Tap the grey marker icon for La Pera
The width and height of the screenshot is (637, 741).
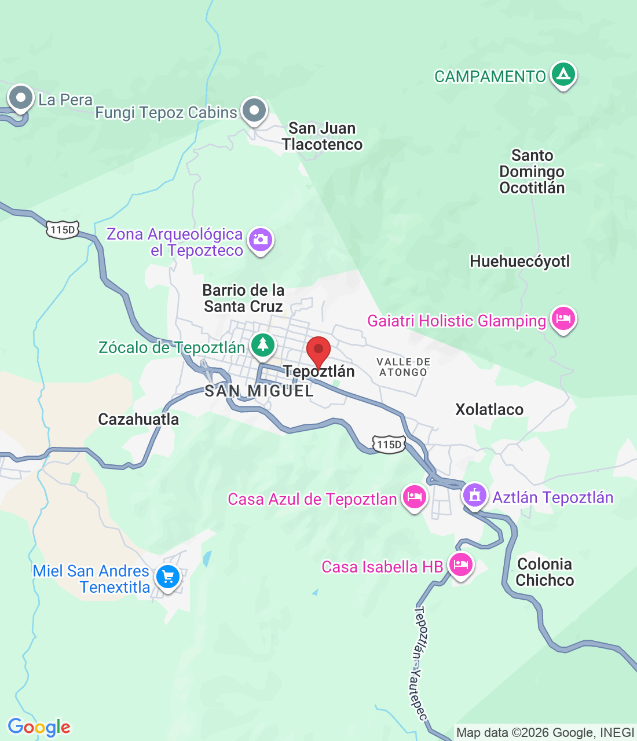(21, 98)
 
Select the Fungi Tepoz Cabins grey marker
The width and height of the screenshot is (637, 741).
(254, 110)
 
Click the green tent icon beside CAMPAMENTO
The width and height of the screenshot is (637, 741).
(562, 75)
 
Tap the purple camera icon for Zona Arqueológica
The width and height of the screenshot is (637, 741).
(261, 240)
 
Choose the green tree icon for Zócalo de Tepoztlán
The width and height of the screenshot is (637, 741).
(263, 346)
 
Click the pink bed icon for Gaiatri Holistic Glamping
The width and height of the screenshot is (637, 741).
(563, 319)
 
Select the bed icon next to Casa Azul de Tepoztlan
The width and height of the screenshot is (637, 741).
(414, 497)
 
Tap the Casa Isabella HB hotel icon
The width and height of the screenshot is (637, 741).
(460, 564)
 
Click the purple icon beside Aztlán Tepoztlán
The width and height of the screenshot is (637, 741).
(474, 496)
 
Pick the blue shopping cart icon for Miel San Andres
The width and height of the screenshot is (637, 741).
(168, 577)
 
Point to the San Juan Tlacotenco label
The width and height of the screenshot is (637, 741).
(322, 137)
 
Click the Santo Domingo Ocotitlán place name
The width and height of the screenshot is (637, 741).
(532, 171)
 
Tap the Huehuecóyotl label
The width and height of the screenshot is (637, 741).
(519, 262)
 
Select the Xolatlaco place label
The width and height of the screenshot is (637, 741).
(489, 410)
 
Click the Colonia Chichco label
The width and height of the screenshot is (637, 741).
(544, 572)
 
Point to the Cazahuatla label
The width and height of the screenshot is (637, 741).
(138, 419)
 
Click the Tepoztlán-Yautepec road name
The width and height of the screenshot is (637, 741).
(420, 663)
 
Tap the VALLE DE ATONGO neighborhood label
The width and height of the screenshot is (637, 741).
(403, 367)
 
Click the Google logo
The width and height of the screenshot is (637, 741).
(39, 728)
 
